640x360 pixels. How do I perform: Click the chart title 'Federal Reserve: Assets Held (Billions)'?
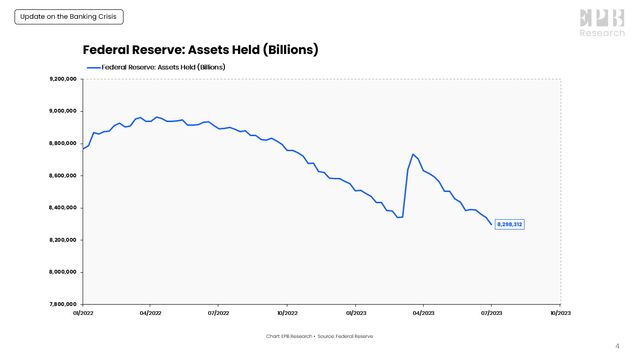(x=200, y=50)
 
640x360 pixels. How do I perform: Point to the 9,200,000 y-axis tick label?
(x=63, y=79)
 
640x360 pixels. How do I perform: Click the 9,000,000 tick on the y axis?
(x=63, y=111)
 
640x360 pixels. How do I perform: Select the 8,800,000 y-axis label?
(x=63, y=143)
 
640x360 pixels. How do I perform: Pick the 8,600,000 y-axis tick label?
(x=63, y=176)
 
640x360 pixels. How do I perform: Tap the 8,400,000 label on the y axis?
(x=63, y=208)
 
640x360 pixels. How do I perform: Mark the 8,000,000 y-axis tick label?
(x=63, y=272)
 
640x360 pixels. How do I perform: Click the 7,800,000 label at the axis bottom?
(x=63, y=304)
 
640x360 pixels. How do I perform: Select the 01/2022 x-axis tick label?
(x=83, y=313)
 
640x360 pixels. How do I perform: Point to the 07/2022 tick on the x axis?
(x=219, y=313)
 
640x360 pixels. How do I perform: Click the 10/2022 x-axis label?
(x=287, y=313)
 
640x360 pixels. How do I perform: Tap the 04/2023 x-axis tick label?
(x=423, y=313)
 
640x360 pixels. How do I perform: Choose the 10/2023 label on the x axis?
(x=560, y=313)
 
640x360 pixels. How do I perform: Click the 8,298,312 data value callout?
(x=509, y=224)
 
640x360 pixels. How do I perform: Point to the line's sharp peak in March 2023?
(x=413, y=154)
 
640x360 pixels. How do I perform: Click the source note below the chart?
(x=319, y=336)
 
